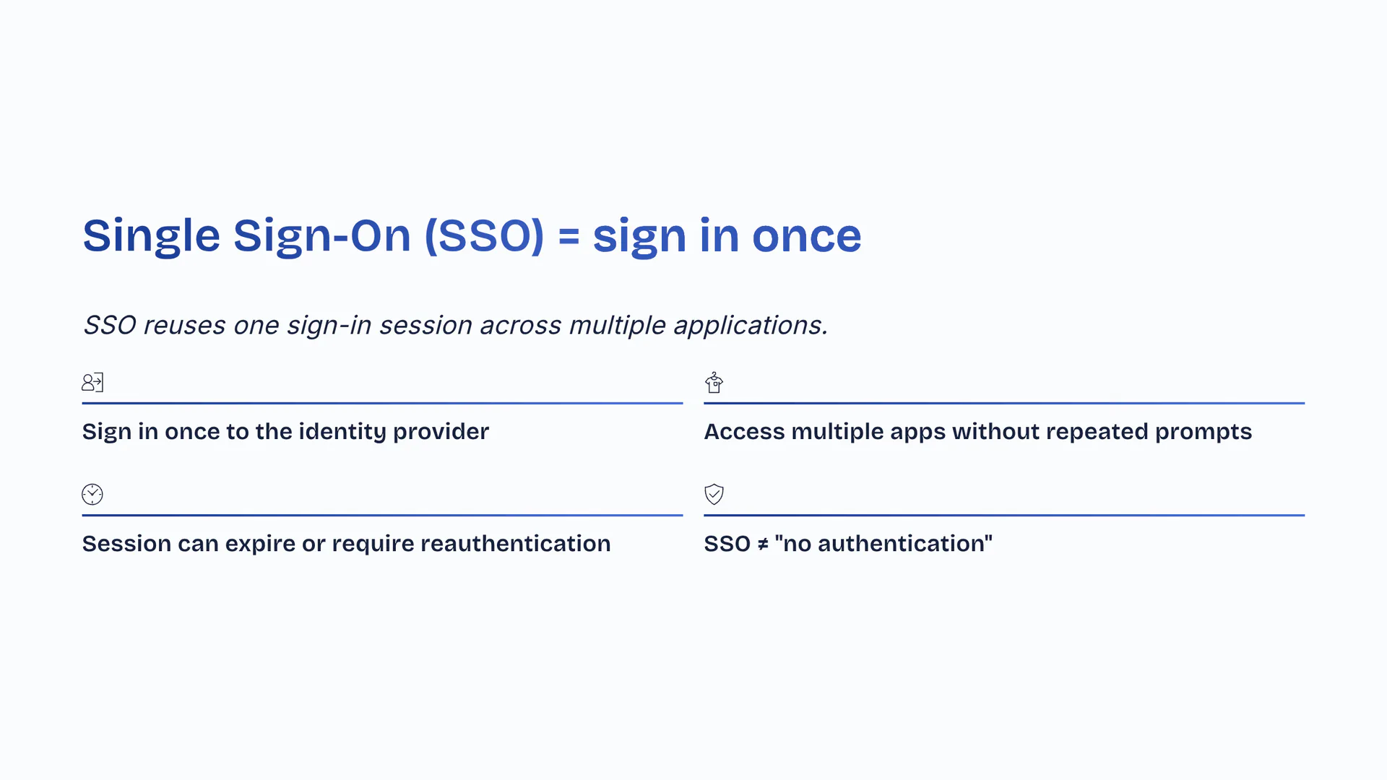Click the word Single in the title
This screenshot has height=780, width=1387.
pos(151,236)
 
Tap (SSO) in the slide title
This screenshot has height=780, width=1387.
pos(484,235)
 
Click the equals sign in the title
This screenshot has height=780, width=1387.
pos(569,236)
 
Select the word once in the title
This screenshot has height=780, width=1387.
pos(807,236)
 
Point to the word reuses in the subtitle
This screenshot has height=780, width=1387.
pos(184,326)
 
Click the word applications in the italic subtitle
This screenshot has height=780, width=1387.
pos(751,326)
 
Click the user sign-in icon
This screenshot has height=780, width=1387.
pos(92,382)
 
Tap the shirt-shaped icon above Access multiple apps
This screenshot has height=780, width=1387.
pos(714,382)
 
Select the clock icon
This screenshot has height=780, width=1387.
pos(92,494)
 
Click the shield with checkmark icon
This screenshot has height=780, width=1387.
pos(714,494)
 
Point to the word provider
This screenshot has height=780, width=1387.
pos(441,432)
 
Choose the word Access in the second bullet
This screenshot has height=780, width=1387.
pos(745,431)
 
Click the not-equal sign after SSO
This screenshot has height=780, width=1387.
pos(763,544)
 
